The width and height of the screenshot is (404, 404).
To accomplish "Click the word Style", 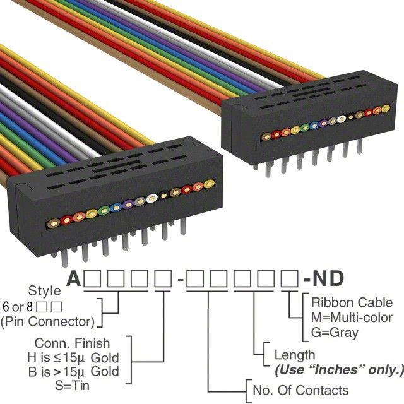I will (45, 292).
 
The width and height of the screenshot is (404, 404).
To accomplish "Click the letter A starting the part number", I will (75, 278).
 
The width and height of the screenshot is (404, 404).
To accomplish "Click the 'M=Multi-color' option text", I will (352, 317).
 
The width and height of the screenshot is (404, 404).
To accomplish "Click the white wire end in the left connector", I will (151, 201).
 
